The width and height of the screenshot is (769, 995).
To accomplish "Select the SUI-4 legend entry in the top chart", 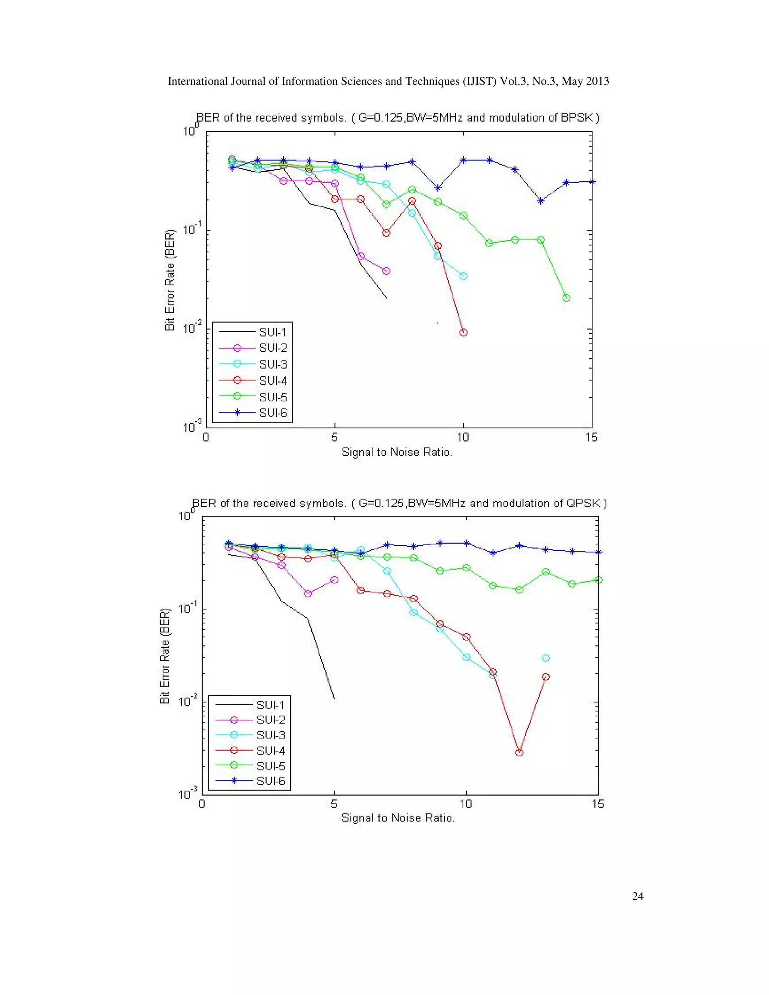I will coord(273,380).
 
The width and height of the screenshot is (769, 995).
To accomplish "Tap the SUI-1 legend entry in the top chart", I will coord(273,332).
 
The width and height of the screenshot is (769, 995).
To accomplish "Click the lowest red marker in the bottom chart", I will coord(519,752).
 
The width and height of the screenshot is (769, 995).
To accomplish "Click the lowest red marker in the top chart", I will coord(463,333).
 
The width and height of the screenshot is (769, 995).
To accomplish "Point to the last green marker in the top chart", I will coord(566,298).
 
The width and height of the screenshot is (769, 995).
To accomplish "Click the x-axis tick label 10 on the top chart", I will coord(463,437).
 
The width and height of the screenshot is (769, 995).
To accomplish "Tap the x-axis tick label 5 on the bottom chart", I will coord(334,804).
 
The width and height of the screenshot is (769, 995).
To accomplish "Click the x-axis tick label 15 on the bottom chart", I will coord(598,804).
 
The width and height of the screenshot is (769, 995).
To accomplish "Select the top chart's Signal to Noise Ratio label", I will coord(397,452).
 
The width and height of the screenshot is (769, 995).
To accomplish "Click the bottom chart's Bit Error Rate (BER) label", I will coord(165,656).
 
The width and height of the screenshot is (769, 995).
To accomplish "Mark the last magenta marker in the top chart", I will coord(386,271).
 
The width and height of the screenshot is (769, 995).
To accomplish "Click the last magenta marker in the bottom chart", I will coord(334,580).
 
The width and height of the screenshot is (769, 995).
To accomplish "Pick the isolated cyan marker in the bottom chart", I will coord(546,658).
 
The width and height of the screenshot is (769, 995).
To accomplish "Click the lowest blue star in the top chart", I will coord(541,201).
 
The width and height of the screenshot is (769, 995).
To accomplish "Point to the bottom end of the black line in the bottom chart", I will coord(335,698).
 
